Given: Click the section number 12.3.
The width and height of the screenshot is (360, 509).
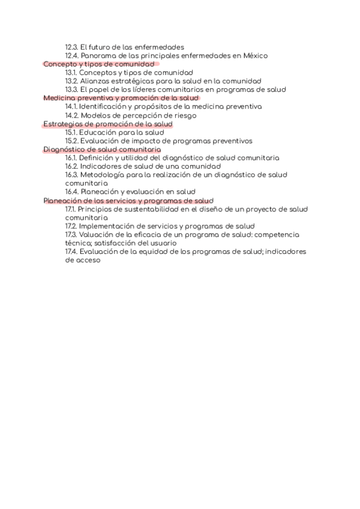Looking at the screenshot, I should (71, 47).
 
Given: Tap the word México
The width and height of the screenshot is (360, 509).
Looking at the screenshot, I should (255, 56).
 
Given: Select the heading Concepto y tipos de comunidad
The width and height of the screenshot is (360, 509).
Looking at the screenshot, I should (99, 64).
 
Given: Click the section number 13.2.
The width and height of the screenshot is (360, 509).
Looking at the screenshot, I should (71, 81).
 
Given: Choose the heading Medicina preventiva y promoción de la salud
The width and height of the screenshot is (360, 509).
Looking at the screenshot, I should (121, 98).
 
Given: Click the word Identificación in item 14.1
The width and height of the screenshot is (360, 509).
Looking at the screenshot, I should (105, 107).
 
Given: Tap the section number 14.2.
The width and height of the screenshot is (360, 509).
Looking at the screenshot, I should (71, 115).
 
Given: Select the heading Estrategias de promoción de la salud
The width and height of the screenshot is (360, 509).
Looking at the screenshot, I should (108, 124).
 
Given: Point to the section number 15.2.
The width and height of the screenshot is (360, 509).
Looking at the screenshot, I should (71, 141).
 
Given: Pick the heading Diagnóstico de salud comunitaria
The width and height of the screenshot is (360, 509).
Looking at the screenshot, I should (102, 149).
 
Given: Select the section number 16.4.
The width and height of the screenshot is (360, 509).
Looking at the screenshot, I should (71, 192).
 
